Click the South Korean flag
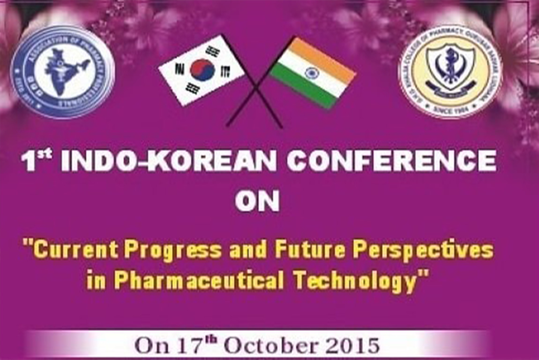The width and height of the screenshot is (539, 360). coord(202,70)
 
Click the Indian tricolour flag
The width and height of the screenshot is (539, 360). coord(313,73)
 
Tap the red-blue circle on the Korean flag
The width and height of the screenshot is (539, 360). coord(202,70)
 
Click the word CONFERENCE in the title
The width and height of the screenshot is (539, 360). coord(391,162)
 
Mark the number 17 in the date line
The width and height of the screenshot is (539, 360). coord(185,347)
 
